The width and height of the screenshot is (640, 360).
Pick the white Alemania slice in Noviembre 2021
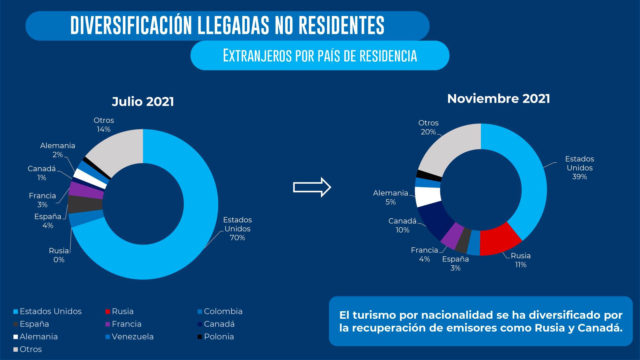pyautogui.click(x=427, y=196)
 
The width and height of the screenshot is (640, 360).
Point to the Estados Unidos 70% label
pyautogui.click(x=237, y=228)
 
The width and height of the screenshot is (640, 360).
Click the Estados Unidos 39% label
pyautogui.click(x=579, y=168)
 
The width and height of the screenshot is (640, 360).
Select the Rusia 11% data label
pyautogui.click(x=521, y=260)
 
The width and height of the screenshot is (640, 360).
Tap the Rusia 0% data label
pyautogui.click(x=59, y=255)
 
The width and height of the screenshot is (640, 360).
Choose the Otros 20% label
pyautogui.click(x=428, y=127)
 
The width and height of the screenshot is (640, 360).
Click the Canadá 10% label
pyautogui.click(x=402, y=225)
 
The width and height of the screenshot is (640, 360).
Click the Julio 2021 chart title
pyautogui.click(x=143, y=102)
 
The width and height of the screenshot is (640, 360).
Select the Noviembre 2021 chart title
pyautogui.click(x=498, y=99)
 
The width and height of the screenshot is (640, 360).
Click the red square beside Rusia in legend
pyautogui.click(x=108, y=312)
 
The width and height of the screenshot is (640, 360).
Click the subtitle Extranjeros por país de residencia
pyautogui.click(x=320, y=56)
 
